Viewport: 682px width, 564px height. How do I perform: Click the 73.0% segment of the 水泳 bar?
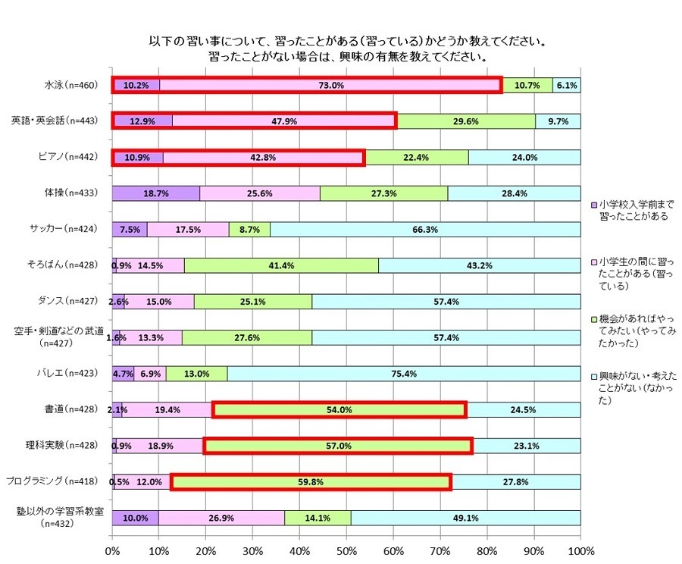click(x=331, y=86)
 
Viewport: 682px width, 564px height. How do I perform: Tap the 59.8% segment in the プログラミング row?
click(x=311, y=481)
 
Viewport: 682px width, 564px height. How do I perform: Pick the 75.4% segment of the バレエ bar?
click(x=404, y=374)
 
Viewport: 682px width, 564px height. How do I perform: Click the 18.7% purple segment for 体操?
click(x=156, y=193)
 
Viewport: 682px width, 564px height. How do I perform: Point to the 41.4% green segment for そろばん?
click(x=281, y=265)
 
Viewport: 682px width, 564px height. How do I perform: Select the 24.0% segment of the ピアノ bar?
click(x=524, y=158)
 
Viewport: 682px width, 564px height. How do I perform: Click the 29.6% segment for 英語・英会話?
click(x=466, y=121)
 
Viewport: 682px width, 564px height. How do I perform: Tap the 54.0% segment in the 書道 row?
click(x=339, y=409)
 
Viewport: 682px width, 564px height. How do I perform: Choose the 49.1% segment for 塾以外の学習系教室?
click(x=465, y=518)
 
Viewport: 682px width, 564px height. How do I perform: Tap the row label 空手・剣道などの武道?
click(x=63, y=331)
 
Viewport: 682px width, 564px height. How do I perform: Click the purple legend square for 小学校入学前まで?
click(x=593, y=205)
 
